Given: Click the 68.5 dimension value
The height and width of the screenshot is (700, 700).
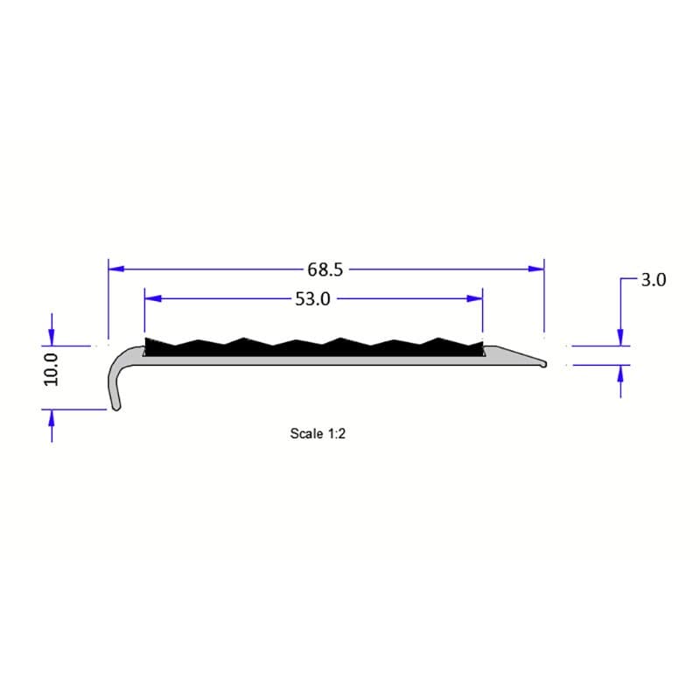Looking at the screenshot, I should point(325,269).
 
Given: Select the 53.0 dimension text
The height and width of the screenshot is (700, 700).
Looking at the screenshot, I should point(312,299).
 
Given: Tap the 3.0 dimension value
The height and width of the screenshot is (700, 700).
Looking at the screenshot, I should point(654,281).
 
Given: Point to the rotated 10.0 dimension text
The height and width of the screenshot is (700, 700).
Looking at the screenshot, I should point(51,369).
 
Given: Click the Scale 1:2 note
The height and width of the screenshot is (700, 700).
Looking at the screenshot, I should point(319,433).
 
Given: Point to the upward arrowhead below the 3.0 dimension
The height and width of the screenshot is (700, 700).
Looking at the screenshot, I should point(620,373).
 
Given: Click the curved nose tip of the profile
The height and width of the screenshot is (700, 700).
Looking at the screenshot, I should point(115,404).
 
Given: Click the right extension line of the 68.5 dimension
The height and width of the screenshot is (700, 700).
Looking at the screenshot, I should point(544,297).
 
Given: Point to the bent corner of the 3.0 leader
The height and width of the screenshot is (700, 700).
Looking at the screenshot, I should point(620,280).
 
